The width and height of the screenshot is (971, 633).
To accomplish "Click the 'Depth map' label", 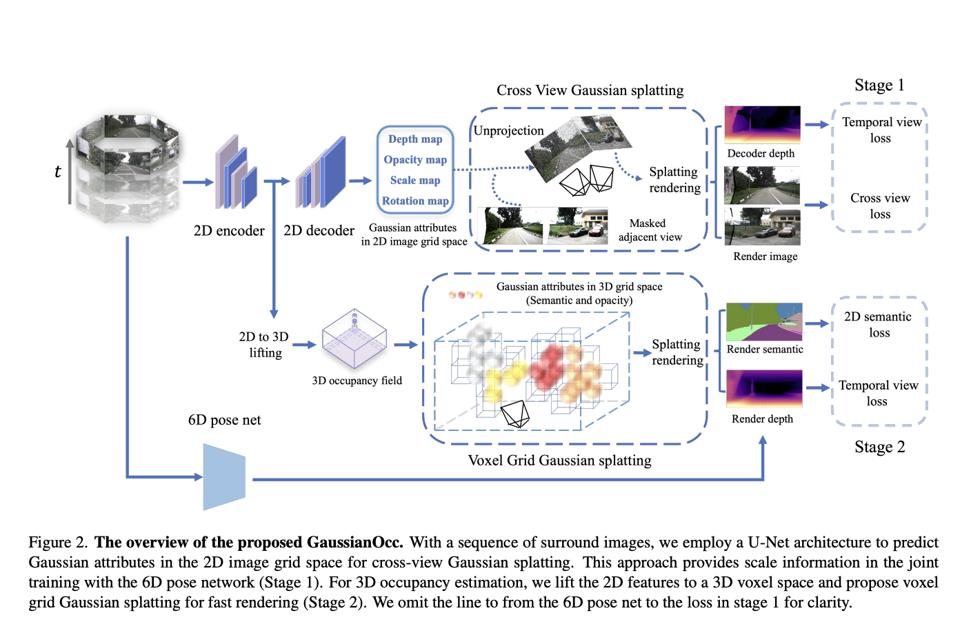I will pyautogui.click(x=414, y=139).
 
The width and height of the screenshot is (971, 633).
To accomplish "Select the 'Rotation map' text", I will pyautogui.click(x=414, y=201).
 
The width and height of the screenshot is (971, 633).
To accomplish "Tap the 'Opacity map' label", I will pyautogui.click(x=414, y=160).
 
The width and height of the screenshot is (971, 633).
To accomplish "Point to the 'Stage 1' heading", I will pyautogui.click(x=879, y=86).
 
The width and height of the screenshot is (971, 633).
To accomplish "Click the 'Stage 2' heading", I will pyautogui.click(x=879, y=448).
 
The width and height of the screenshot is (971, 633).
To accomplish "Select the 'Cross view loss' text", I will pyautogui.click(x=880, y=206).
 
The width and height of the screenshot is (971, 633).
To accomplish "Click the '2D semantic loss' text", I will pyautogui.click(x=878, y=325).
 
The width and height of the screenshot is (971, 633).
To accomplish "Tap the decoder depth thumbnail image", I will pyautogui.click(x=762, y=125).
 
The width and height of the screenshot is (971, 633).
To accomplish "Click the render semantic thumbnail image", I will pyautogui.click(x=764, y=322).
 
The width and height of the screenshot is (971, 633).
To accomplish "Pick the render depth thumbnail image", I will pyautogui.click(x=764, y=389).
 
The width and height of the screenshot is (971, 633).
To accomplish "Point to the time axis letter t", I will pyautogui.click(x=58, y=172).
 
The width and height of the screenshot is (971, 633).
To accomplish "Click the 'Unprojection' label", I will pyautogui.click(x=508, y=131).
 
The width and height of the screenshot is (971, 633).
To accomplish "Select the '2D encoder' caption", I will pyautogui.click(x=229, y=231).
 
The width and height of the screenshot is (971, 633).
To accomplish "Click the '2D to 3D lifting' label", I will pyautogui.click(x=264, y=345).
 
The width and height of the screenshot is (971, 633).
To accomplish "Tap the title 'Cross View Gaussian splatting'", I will pyautogui.click(x=590, y=90).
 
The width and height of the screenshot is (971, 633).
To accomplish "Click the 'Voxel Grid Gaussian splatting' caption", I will pyautogui.click(x=559, y=461).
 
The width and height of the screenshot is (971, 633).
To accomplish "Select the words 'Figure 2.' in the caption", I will pyautogui.click(x=58, y=543).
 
